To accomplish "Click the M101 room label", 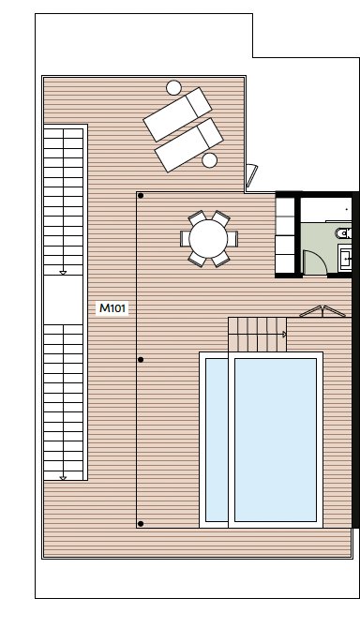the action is coord(112,308).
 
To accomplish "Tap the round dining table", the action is coord(208,239).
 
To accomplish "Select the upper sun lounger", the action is coord(177,114).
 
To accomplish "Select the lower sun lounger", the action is coord(189,145).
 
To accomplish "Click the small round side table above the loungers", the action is coord(173,88).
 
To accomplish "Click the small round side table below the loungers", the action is coord(209,160).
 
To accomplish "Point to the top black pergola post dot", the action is coord(141,196).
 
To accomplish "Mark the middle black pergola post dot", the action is coord(141,360).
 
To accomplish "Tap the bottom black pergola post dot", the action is coord(141,523).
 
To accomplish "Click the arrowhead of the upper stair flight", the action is coord(63,273).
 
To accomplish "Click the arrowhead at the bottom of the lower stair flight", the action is coord(63,478).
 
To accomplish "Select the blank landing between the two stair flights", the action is coord(63,300).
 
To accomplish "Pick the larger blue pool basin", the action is coord(276,440).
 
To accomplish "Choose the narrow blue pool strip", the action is coord(217,440).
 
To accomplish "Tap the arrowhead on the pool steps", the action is coord(285,334).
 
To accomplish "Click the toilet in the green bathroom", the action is coord(343,233).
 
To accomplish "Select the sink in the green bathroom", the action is coord(345,259).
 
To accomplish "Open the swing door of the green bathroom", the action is coord(315,262).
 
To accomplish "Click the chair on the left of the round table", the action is coord(185,239).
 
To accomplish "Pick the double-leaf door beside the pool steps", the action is coord(322,311).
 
